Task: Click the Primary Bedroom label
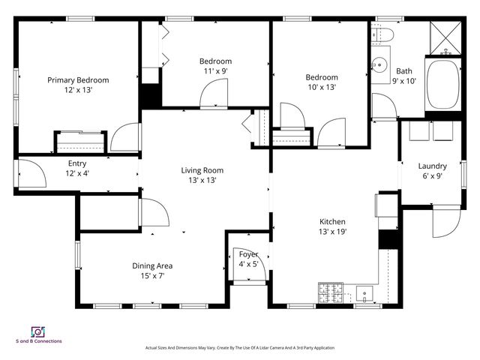(78, 80)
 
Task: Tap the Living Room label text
(202, 170)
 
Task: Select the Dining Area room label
(153, 265)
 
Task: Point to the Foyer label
(248, 254)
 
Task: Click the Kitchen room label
(332, 222)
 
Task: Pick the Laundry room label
(432, 166)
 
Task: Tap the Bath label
(404, 72)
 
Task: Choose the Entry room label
(77, 163)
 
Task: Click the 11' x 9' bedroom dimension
(215, 71)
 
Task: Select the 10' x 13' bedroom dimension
(321, 87)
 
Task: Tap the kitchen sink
(367, 293)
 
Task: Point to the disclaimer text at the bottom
(239, 348)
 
